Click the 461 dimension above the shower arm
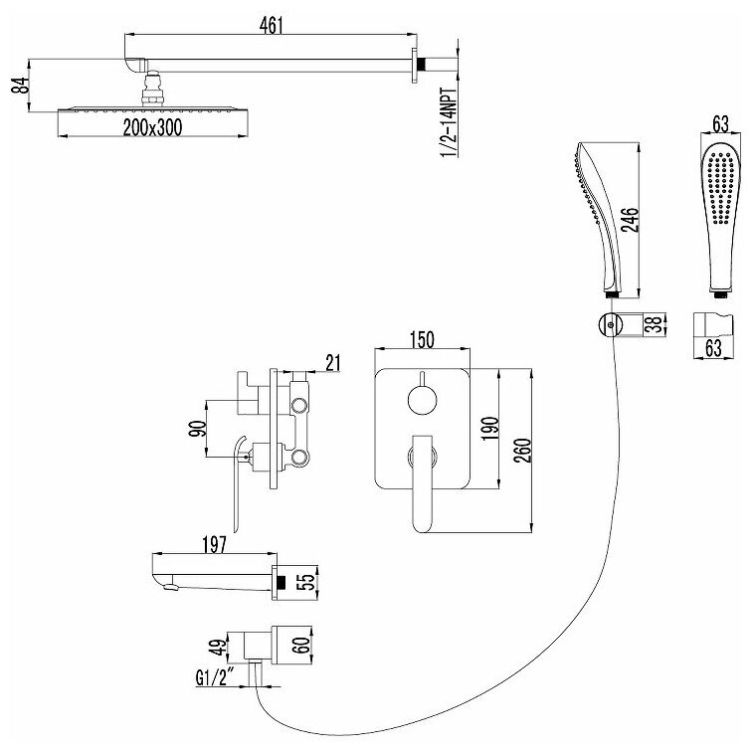tap(272, 26)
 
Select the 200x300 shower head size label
tap(153, 127)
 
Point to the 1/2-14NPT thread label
tap(451, 120)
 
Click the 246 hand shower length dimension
tap(630, 220)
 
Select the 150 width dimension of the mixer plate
tap(422, 339)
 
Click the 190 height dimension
tap(491, 429)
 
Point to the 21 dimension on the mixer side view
tap(333, 362)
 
